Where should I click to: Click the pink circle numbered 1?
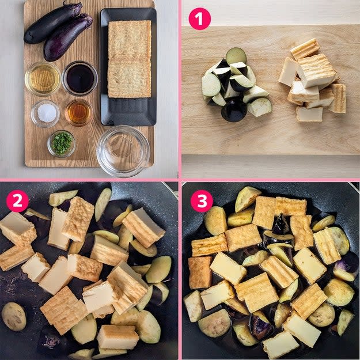199,18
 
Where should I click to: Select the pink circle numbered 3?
202,201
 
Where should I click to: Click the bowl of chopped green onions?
62,143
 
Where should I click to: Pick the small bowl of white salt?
46,113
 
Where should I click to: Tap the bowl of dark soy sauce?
80,78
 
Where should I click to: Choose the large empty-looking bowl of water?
123,151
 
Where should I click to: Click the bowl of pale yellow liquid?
43,79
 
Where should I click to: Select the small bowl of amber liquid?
78,113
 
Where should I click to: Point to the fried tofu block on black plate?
130,59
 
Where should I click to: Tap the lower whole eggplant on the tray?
68,37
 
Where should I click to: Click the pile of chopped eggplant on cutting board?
236,84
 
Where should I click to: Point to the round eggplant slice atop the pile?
236,55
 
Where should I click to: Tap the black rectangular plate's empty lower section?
128,111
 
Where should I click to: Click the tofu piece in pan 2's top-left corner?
17,228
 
